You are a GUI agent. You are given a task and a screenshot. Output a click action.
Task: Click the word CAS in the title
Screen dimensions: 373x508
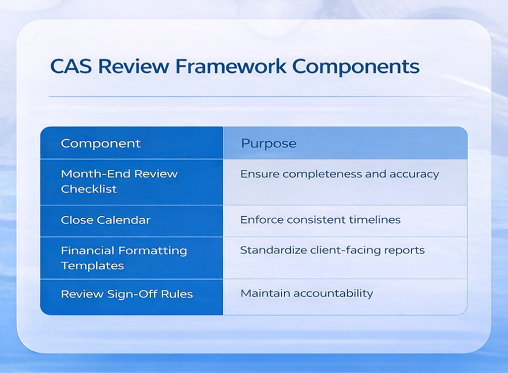(x=70, y=66)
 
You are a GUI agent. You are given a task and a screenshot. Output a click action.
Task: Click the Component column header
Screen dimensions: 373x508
(x=101, y=143)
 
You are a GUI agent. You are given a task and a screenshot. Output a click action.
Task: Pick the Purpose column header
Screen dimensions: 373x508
(x=268, y=143)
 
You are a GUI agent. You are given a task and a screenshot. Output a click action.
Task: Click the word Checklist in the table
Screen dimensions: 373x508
(x=89, y=189)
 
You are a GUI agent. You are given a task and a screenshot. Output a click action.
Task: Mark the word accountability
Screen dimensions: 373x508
(x=333, y=293)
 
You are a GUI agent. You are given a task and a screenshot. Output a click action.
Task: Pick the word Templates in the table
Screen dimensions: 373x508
(x=92, y=266)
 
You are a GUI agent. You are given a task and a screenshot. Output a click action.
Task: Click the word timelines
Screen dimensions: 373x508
(x=375, y=220)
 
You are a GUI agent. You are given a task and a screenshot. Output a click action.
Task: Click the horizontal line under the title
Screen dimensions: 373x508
(x=258, y=96)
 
